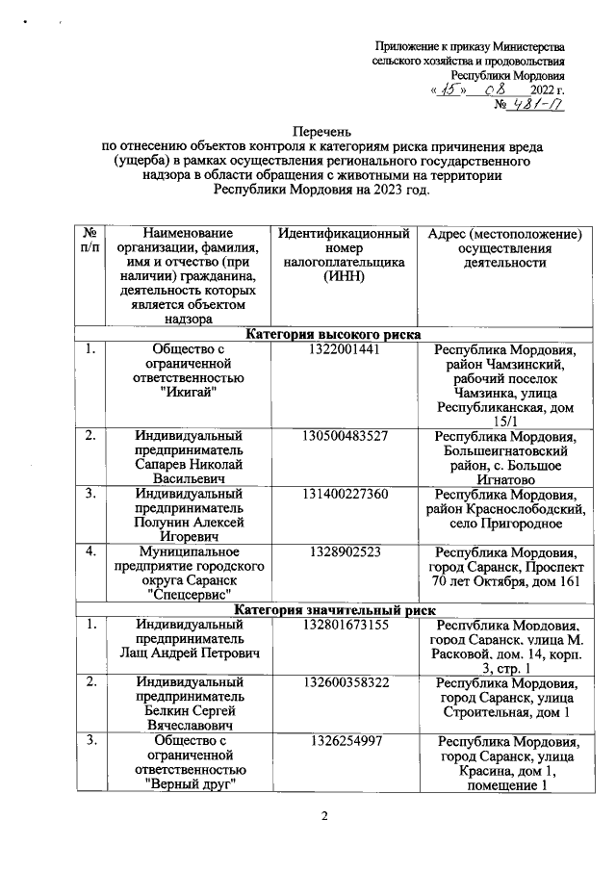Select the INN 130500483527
[x=344, y=436]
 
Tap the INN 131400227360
[x=344, y=493]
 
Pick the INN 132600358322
[x=344, y=682]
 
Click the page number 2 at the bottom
[x=325, y=817]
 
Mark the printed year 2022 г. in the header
[x=548, y=90]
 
